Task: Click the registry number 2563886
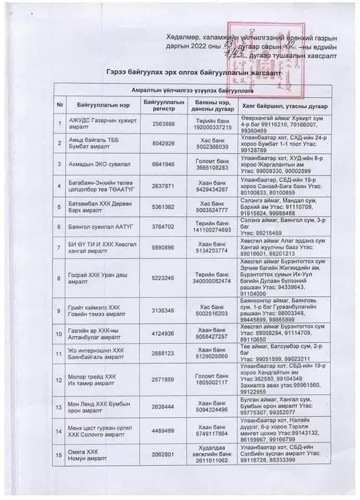pyautogui.click(x=163, y=124)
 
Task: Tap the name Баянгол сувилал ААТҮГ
pyautogui.click(x=96, y=227)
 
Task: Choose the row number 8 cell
pyautogui.click(x=59, y=278)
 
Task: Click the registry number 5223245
pyautogui.click(x=163, y=278)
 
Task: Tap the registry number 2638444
pyautogui.click(x=163, y=407)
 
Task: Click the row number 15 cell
pyautogui.click(x=59, y=455)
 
